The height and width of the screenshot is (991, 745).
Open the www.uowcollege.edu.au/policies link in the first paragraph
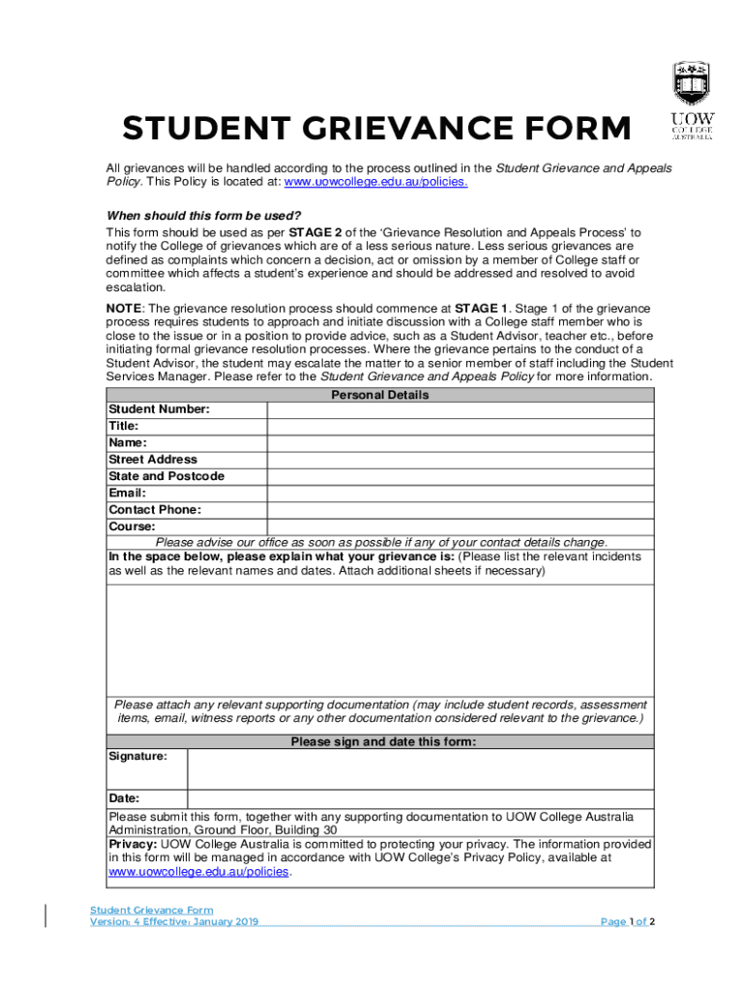click(375, 183)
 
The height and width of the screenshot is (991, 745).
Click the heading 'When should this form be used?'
click(203, 216)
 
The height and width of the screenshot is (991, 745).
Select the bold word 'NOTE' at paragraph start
click(124, 308)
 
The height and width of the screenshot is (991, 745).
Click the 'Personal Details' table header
click(380, 395)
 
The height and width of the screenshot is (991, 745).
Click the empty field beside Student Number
click(460, 410)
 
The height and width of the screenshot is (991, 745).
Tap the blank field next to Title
click(460, 427)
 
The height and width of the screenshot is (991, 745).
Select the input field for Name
click(460, 443)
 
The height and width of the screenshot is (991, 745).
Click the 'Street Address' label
click(153, 460)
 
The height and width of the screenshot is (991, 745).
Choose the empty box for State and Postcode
click(460, 476)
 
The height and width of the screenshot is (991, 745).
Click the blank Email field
click(460, 494)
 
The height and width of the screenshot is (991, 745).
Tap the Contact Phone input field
click(460, 510)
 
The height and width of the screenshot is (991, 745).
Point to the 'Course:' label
click(132, 526)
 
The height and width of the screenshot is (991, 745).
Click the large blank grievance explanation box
click(380, 639)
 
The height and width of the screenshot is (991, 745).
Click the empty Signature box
click(420, 770)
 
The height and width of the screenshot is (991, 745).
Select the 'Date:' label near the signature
click(124, 798)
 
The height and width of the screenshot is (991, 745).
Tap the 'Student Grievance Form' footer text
click(151, 910)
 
